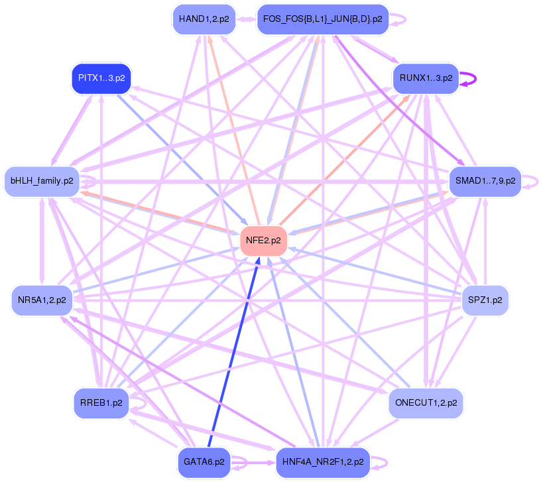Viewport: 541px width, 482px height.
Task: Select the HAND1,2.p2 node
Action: pos(204,19)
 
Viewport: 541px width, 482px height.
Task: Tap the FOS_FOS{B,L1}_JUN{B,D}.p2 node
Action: pos(322,19)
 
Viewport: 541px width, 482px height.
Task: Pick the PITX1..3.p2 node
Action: pos(101,78)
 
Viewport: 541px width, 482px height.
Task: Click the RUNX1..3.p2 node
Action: pos(425,78)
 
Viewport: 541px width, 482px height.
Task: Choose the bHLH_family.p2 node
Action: pos(42,180)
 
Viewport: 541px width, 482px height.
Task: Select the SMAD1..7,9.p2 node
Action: pos(485,180)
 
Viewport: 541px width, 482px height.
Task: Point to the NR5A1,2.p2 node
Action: pos(42,300)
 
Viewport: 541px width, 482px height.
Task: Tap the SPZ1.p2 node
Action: pos(485,300)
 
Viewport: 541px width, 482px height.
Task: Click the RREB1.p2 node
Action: pos(101,402)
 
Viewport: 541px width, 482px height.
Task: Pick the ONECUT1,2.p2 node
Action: pos(425,402)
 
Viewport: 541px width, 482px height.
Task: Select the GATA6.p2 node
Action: pos(204,462)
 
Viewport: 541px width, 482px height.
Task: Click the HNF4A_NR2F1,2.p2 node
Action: pos(322,462)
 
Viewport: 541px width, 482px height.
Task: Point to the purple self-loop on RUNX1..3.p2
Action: pos(472,78)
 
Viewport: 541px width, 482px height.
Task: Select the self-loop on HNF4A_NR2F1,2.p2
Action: pos(383,462)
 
